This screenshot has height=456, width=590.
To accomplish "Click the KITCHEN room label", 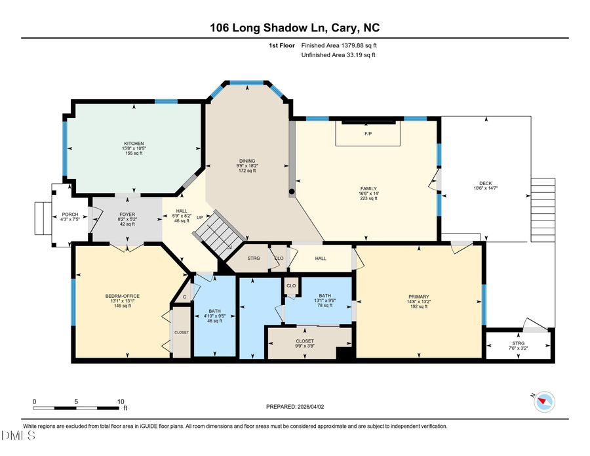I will [134, 144].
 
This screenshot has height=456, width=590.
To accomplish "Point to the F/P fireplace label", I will [368, 134].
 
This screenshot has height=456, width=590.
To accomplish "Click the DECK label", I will [486, 184].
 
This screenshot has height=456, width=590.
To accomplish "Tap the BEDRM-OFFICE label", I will [122, 296].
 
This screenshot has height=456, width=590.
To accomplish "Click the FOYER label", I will [127, 214].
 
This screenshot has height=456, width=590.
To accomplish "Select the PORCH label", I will [70, 215].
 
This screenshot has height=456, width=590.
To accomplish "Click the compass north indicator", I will [544, 400].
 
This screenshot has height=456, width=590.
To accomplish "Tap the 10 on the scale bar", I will [121, 402].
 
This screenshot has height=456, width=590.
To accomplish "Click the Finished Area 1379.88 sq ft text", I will [339, 45].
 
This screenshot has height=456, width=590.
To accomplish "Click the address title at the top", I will [294, 28].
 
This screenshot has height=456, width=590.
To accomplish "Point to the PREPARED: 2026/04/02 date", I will [295, 407].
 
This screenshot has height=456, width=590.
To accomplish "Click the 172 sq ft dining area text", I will [246, 171].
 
